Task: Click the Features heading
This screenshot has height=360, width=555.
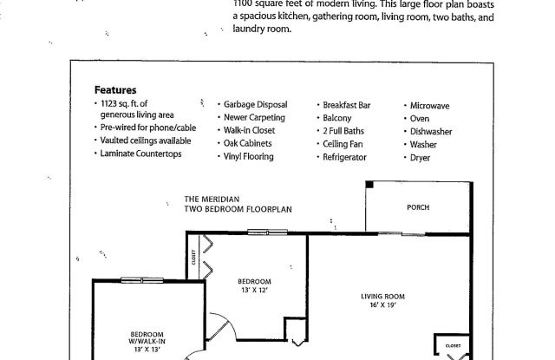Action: coord(114,89)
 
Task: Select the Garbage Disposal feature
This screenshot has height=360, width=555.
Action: coord(255,105)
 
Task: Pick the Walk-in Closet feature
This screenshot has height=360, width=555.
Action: coord(250,131)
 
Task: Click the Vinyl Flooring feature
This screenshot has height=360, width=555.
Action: coord(249,157)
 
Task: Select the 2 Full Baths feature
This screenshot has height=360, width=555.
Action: coord(344,131)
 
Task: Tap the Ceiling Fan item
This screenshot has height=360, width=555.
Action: coord(344,144)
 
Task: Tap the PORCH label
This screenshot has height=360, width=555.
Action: coord(418,208)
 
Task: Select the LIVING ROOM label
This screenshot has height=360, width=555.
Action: coord(383,297)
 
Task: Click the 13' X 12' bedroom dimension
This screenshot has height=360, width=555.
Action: coord(254,291)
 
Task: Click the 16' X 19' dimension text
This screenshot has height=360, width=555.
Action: coord(382,306)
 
